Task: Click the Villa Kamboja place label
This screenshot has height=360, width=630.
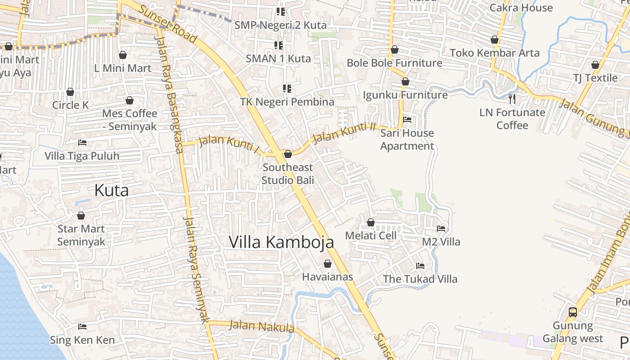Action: (x=282, y=242)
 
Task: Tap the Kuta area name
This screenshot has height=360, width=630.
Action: (x=112, y=190)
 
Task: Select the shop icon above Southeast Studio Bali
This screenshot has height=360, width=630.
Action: (x=288, y=154)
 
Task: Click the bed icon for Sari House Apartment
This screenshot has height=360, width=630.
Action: (x=407, y=120)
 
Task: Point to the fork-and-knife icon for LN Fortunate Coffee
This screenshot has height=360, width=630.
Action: (x=512, y=99)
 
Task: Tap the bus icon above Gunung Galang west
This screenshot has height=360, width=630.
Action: (x=573, y=312)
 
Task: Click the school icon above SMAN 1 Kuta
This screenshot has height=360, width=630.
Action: (x=279, y=45)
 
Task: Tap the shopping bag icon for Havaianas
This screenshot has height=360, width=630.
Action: (x=328, y=264)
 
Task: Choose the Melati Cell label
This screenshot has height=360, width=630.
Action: (x=371, y=235)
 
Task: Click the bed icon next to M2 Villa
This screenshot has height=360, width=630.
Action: (x=441, y=229)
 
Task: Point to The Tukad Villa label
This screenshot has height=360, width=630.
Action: (x=420, y=279)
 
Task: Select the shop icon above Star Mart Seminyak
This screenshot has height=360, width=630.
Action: (x=81, y=216)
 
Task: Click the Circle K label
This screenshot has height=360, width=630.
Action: (x=71, y=105)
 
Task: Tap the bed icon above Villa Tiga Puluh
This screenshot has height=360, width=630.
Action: (x=82, y=143)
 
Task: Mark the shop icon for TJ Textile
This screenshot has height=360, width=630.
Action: (x=595, y=65)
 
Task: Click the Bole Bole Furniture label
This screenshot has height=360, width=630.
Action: (x=394, y=63)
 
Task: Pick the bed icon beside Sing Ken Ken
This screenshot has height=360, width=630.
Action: (x=82, y=327)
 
